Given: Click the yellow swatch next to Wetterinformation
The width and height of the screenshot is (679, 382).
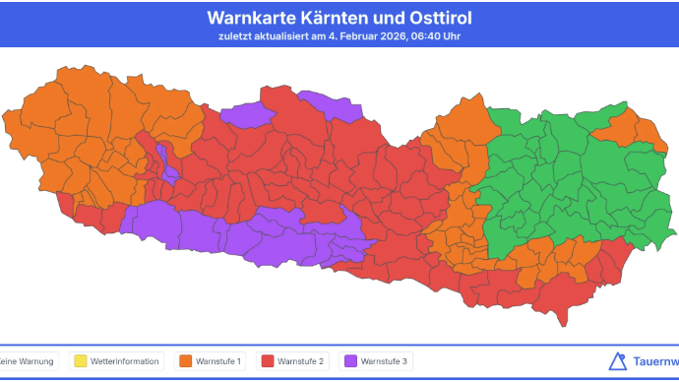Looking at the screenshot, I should [78, 361].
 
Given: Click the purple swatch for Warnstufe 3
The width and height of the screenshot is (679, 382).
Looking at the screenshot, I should [349, 361].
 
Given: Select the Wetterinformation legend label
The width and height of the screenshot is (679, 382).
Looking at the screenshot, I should [124, 361].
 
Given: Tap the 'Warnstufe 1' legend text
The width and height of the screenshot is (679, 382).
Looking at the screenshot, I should [219, 361].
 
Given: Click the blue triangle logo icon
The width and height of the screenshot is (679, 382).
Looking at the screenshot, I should [618, 361].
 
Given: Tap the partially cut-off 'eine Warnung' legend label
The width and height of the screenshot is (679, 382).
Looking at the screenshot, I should [25, 361].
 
